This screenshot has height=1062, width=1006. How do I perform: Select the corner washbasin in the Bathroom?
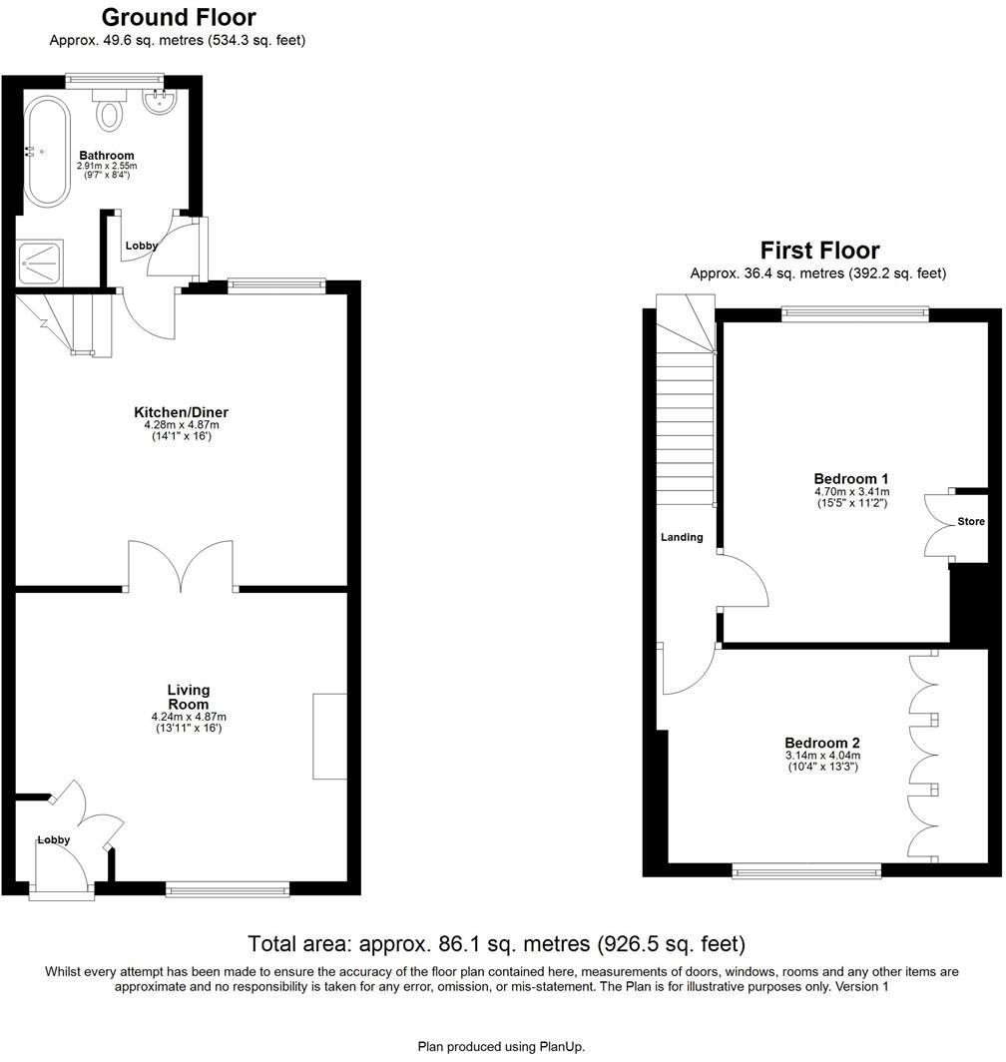160,103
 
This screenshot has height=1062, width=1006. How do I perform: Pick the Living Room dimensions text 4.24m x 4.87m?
189,717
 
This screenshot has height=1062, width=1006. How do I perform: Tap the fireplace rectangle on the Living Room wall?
329,736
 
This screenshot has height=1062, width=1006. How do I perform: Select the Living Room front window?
228,887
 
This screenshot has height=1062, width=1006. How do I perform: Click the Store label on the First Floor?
970,522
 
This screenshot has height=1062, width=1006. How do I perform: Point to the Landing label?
682,537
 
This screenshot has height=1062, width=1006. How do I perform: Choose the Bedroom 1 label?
850,478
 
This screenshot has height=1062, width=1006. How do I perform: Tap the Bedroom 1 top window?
854,313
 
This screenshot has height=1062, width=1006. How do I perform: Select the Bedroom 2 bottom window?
806,871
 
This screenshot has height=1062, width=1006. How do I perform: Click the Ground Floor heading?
178,17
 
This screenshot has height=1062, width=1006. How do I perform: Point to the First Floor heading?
819,250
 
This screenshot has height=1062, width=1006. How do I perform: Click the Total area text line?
496,944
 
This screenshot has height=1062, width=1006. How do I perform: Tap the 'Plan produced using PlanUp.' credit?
501,1046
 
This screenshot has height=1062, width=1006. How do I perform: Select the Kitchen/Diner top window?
276,286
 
